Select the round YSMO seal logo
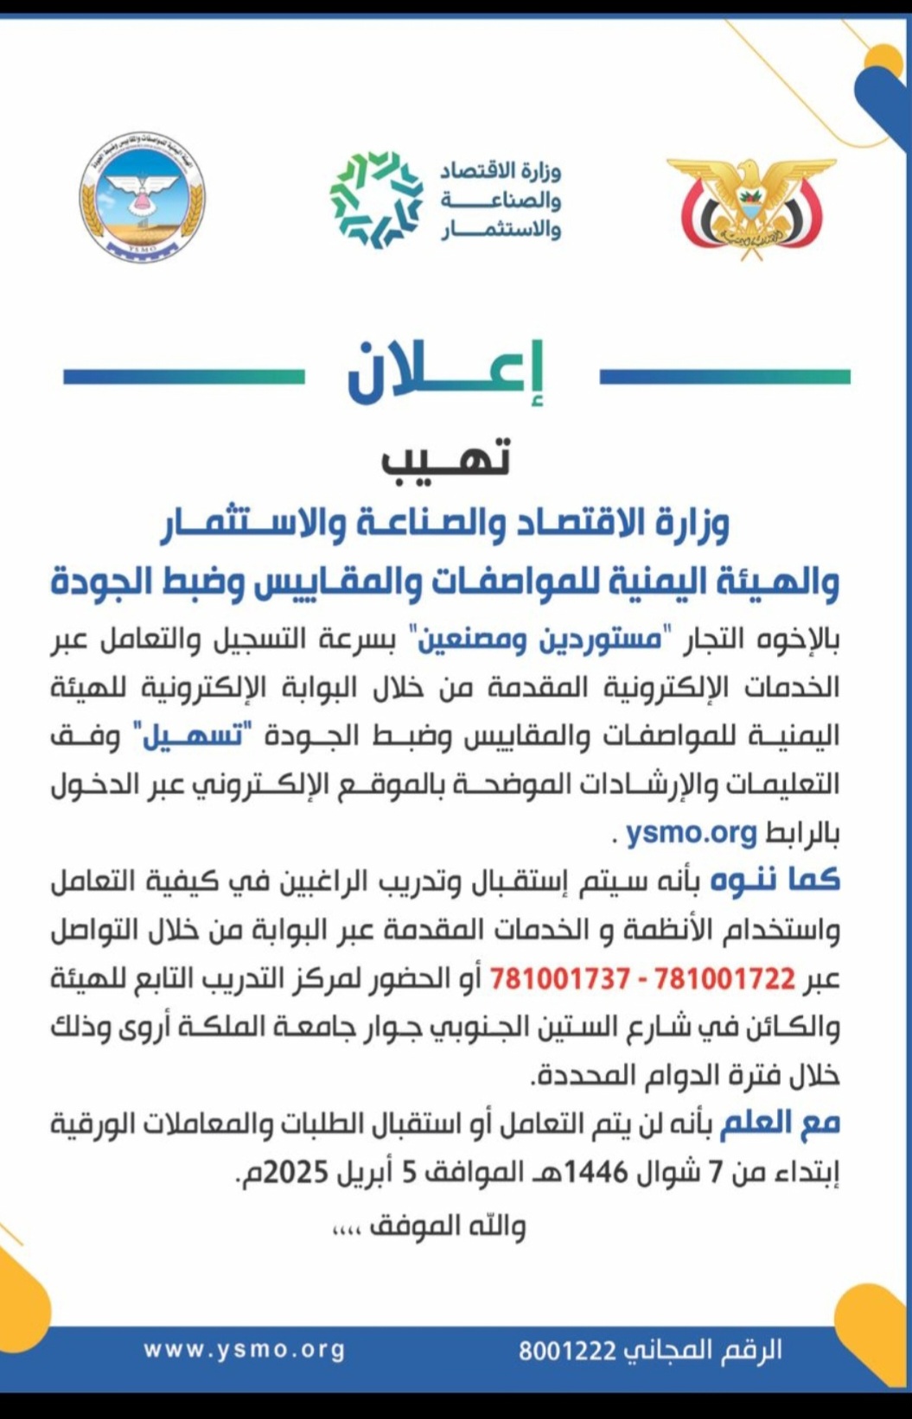(x=143, y=198)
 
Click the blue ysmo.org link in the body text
(x=692, y=832)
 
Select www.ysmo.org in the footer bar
(x=244, y=1350)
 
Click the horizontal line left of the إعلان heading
(x=183, y=377)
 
